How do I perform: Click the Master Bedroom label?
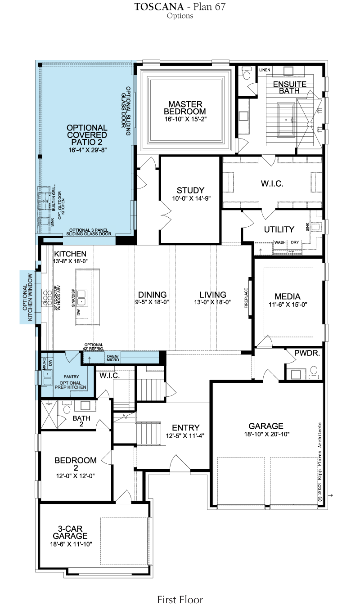[x=185, y=108]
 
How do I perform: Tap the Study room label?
[x=190, y=190]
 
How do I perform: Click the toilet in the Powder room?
[x=314, y=372]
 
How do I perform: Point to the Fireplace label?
[x=246, y=298]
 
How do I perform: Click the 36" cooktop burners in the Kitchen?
[x=47, y=298]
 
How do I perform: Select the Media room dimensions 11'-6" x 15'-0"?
[x=288, y=305]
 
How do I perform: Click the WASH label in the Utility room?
[x=280, y=242]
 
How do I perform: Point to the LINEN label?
[x=265, y=70]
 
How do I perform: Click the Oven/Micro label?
[x=113, y=358]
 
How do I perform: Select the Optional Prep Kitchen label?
[x=71, y=385]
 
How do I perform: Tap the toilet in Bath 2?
[x=67, y=408]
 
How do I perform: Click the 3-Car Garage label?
[x=70, y=532]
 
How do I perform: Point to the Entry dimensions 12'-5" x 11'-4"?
[x=185, y=436]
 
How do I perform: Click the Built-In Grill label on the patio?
[x=54, y=197]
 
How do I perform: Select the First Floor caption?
[x=180, y=599]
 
